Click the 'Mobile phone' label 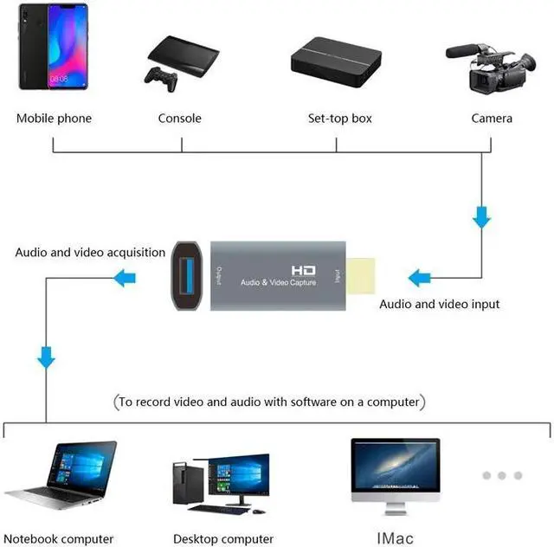[x=54, y=118]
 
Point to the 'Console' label [x=180, y=118]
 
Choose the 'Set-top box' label [x=340, y=118]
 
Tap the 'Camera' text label [x=492, y=118]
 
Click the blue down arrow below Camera [x=481, y=216]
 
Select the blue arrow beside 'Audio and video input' [x=420, y=278]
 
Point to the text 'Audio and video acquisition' [x=90, y=253]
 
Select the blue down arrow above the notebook [x=46, y=356]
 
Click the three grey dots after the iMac [x=502, y=475]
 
